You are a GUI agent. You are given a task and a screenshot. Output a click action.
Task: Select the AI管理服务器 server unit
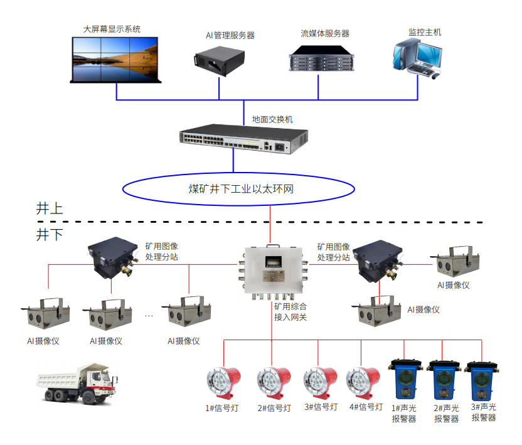click(x=219, y=60)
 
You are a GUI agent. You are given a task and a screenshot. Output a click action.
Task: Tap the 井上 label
click(x=50, y=208)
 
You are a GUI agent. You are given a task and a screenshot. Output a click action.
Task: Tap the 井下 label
click(x=50, y=235)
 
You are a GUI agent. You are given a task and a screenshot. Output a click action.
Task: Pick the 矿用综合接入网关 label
click(x=290, y=312)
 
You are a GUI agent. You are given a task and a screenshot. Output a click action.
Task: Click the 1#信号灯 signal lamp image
click(x=223, y=380)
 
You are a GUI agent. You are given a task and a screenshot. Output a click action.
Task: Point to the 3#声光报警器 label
click(x=484, y=412)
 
